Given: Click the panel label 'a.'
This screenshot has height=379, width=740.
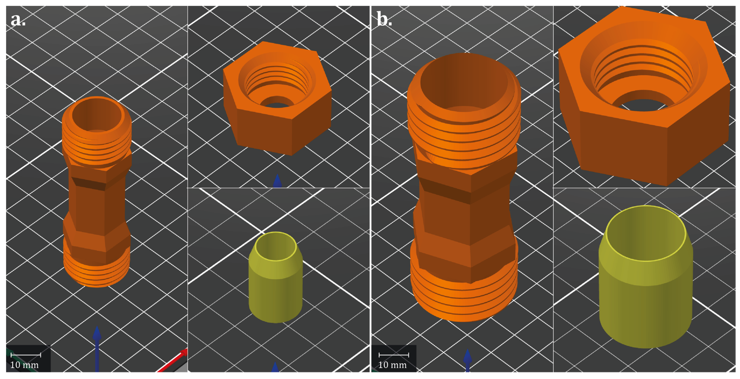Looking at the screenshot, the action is (18, 19).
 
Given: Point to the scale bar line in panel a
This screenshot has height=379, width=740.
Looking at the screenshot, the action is (26, 355).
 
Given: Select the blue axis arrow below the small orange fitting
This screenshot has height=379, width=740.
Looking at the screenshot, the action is (97, 349).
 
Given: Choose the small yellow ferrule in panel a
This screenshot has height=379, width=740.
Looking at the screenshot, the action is (276, 277).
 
